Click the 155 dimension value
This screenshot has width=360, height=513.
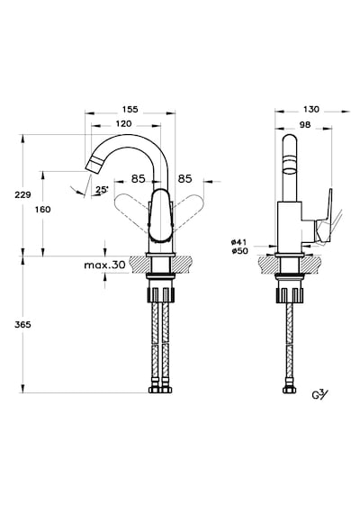click(130, 109)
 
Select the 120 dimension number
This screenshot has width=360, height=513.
click(123, 123)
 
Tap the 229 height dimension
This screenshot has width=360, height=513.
click(22, 195)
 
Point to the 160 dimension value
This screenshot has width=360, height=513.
click(43, 210)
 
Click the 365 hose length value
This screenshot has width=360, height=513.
click(22, 325)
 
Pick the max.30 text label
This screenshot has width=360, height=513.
click(104, 265)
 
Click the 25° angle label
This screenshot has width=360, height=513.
click(102, 189)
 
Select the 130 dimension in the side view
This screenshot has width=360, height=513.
click(310, 109)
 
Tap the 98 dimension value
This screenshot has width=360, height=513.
click(305, 125)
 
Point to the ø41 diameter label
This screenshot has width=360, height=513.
click(239, 242)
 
